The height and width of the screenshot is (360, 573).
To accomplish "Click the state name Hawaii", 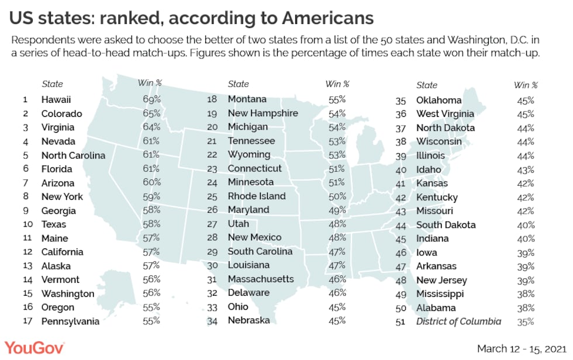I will click(x=57, y=99).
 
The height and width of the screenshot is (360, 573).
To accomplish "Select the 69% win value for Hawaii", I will click(x=151, y=99).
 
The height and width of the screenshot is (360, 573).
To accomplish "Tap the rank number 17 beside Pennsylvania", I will click(x=25, y=321).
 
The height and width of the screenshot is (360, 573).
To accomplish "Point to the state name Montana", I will click(x=247, y=99).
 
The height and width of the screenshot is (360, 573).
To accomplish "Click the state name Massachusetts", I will click(x=261, y=279).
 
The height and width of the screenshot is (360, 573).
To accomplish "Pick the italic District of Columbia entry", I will click(x=458, y=321).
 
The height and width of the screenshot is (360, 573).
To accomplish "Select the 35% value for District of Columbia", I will click(x=526, y=321).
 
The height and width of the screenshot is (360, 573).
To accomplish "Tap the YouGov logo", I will click(x=35, y=348).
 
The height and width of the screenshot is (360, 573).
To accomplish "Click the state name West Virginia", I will click(x=446, y=114).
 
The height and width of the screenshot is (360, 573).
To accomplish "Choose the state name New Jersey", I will click(x=441, y=280).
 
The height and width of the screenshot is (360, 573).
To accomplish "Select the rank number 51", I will click(x=401, y=321).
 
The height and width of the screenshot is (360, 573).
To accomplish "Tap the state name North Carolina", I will click(x=73, y=155).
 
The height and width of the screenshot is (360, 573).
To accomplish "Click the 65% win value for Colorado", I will click(x=151, y=114).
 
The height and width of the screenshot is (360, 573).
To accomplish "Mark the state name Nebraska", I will click(x=249, y=320).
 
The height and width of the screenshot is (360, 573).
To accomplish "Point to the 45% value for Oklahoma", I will click(x=526, y=100).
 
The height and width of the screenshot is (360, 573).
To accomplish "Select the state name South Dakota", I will click(x=446, y=225).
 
